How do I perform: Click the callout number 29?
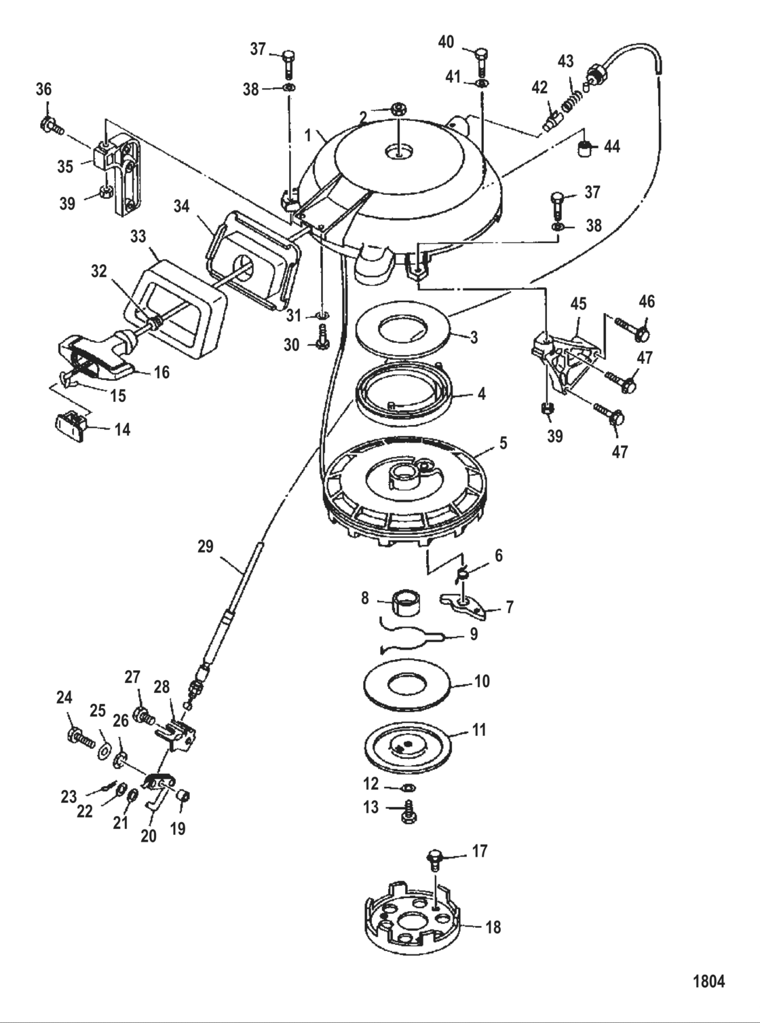tap(205, 546)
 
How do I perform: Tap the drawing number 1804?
tap(708, 981)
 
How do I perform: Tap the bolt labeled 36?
tap(51, 125)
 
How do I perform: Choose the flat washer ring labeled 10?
tap(408, 683)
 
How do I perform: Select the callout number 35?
tap(65, 166)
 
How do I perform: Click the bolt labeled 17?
tap(434, 859)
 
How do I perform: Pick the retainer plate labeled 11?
tap(407, 747)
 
